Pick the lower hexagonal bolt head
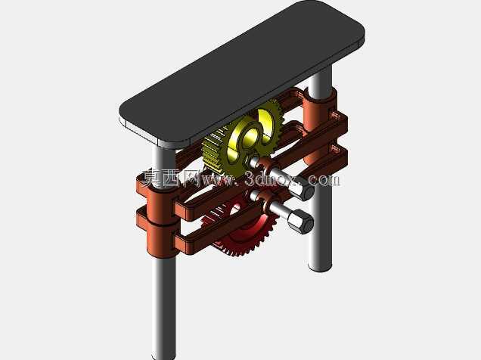[x=301, y=222]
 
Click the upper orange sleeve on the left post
[x=156, y=194]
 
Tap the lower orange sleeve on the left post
[x=157, y=231]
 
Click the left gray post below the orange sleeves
[x=164, y=306]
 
